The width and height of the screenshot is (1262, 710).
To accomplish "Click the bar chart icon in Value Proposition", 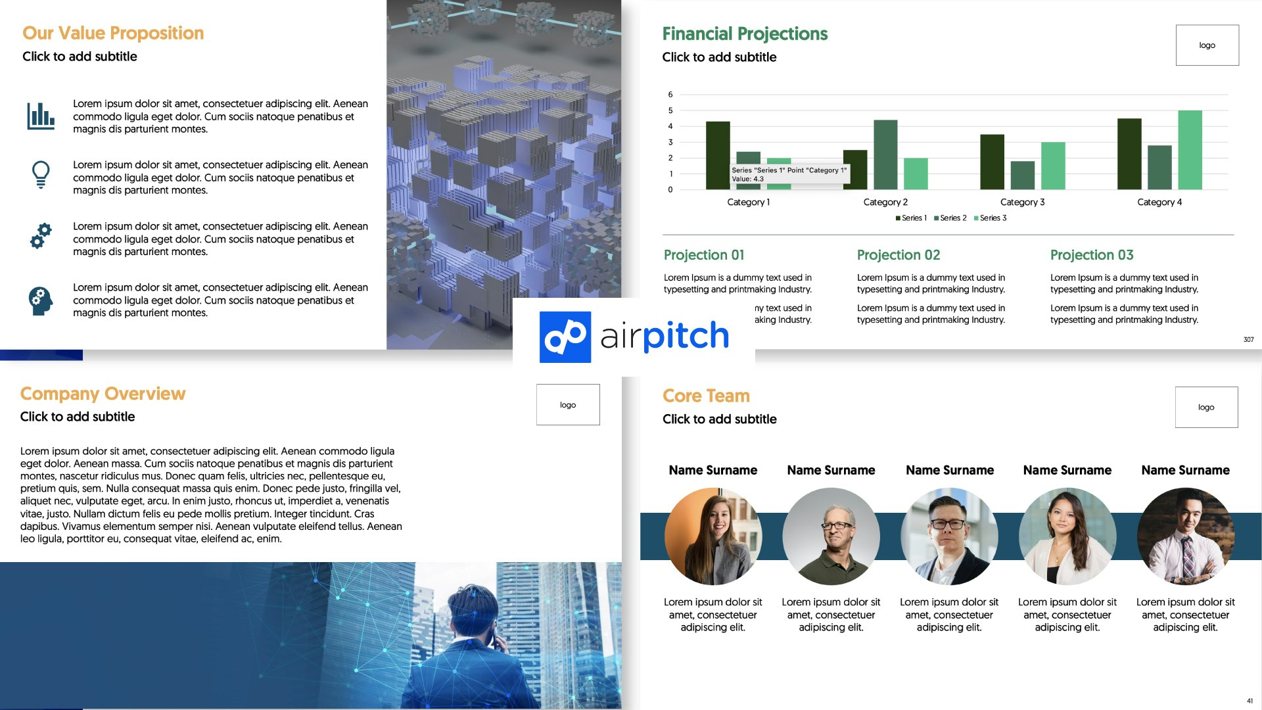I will click(41, 116).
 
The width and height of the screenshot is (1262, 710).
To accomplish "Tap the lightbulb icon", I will click(41, 175).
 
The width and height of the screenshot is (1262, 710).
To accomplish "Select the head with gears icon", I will click(41, 301).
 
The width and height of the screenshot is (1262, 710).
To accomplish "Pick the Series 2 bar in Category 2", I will click(885, 154).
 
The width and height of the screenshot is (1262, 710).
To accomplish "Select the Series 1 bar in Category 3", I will click(992, 162).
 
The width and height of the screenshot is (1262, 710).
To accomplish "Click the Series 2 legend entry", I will click(950, 218).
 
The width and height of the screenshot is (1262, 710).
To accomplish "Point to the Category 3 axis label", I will click(1022, 202).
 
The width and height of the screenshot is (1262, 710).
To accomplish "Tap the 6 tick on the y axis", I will click(670, 95).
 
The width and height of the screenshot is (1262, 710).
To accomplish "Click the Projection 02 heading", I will click(899, 255).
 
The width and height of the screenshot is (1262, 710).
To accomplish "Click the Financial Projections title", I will click(745, 34).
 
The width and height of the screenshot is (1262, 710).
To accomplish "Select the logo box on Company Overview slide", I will click(568, 405).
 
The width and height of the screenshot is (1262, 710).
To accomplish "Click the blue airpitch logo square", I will click(565, 337).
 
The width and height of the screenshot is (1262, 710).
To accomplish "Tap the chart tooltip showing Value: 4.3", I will click(789, 174).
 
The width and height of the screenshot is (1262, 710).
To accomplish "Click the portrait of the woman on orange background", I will click(713, 536).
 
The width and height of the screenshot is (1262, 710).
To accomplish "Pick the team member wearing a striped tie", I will click(1186, 536).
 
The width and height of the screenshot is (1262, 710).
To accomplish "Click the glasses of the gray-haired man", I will click(837, 526).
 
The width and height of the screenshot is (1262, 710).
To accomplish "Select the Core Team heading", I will click(706, 396).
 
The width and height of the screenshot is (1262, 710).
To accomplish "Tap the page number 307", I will click(1248, 340).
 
